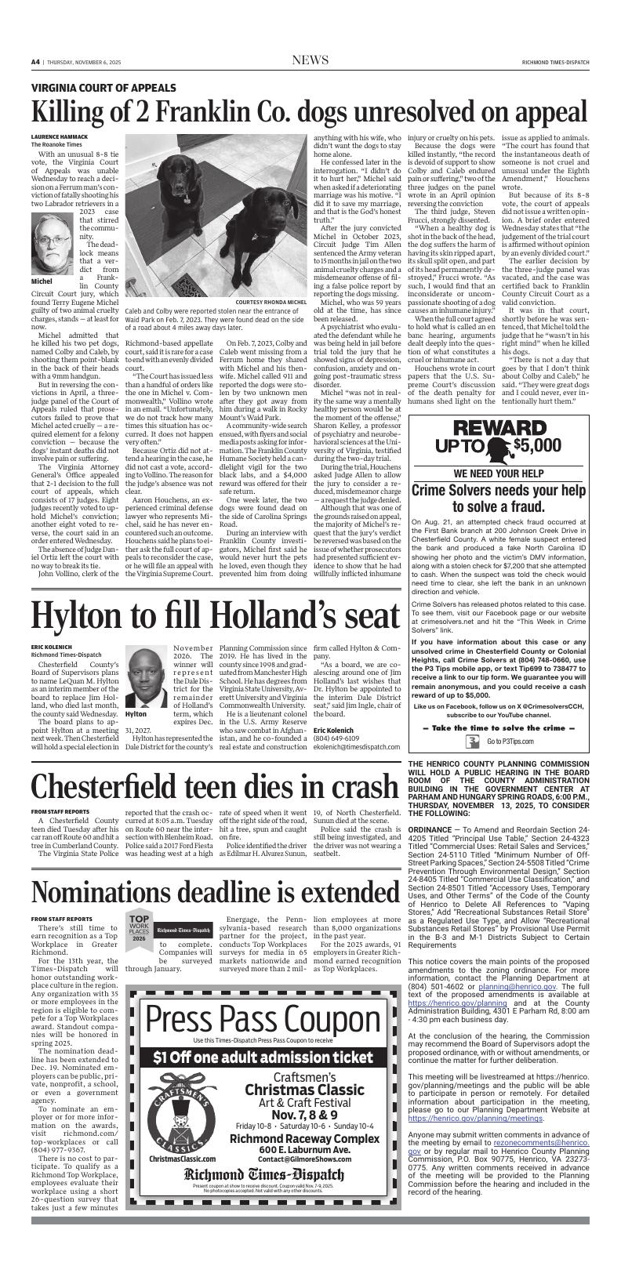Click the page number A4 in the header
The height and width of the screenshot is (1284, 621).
36,63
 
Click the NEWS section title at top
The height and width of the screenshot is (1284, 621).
310,61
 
